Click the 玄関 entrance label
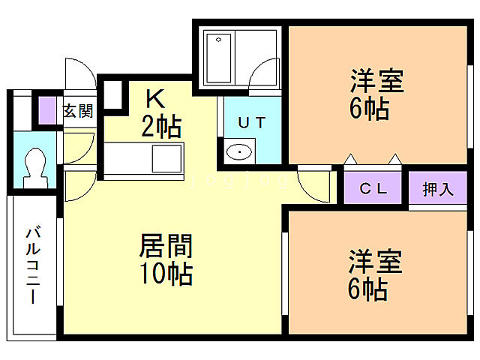pyautogui.click(x=78, y=112)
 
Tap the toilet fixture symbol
pyautogui.click(x=34, y=166)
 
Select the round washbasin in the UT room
pyautogui.click(x=238, y=151)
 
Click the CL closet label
pyautogui.click(x=372, y=189)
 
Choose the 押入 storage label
pyautogui.click(x=438, y=189)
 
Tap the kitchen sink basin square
pyautogui.click(x=166, y=159)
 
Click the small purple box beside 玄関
pyautogui.click(x=48, y=111)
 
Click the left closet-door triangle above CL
pyautogui.click(x=349, y=159)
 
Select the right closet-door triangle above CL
pyautogui.click(x=395, y=159)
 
